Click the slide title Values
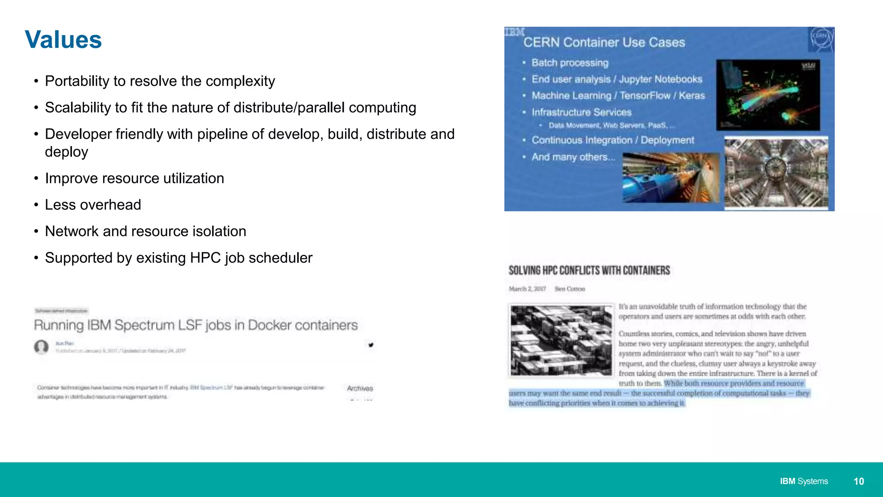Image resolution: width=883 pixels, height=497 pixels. pos(63,40)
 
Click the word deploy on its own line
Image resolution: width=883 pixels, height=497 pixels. pos(66,152)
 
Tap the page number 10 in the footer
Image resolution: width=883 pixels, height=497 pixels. pos(858,481)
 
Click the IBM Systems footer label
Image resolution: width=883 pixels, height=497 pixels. pos(804,481)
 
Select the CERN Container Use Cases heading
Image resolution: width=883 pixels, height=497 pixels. pos(604,42)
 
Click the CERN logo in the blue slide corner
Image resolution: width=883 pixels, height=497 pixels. pos(820,38)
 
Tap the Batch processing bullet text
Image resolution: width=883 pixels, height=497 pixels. pos(570,63)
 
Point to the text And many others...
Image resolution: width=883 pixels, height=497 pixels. pos(573,157)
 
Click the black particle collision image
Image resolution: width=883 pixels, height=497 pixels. pos(768,95)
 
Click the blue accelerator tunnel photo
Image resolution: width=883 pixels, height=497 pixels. pos(671,177)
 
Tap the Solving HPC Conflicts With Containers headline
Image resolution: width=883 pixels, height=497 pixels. pos(589,271)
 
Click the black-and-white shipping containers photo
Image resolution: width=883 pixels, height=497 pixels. pos(561,340)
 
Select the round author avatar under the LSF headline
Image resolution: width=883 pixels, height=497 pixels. pos(41,347)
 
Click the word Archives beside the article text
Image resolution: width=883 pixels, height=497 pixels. pos(360,388)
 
